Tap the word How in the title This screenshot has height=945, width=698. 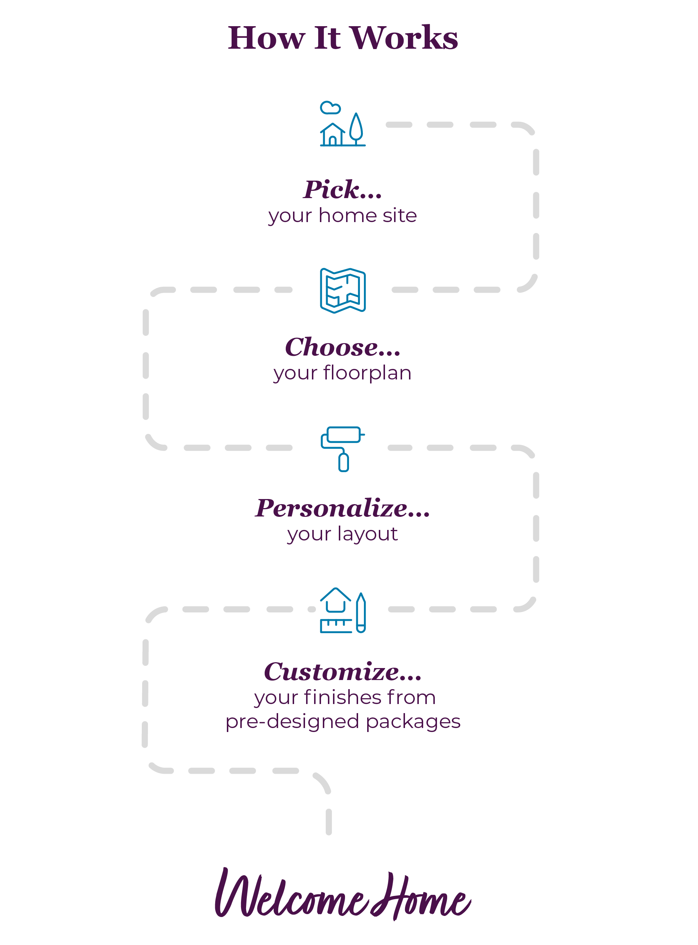click(266, 38)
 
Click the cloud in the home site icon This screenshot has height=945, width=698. click(330, 108)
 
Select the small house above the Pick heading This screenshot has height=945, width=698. click(333, 134)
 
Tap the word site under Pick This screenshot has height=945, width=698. click(399, 216)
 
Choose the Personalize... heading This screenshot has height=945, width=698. click(342, 508)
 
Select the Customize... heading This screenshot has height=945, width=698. click(342, 671)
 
